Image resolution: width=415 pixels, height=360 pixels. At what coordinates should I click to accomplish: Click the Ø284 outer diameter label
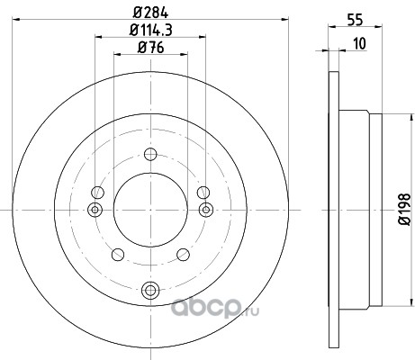(150, 13)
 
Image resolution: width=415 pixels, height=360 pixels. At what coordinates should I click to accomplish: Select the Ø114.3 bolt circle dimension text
(151, 30)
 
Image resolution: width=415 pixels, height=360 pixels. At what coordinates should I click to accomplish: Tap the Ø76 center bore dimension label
(151, 48)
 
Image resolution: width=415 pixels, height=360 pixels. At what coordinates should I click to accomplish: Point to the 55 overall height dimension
(355, 20)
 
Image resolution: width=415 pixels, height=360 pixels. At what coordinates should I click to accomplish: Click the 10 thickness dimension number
(360, 43)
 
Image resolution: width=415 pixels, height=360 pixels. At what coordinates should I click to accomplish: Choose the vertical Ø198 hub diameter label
(404, 209)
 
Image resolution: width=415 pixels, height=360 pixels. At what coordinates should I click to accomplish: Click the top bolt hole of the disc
(150, 155)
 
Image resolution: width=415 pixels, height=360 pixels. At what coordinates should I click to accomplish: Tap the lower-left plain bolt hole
(118, 255)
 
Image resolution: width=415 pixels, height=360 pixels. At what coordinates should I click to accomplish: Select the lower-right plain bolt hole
(183, 255)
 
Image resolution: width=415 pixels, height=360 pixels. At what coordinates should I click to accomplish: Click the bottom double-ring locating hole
(149, 290)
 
